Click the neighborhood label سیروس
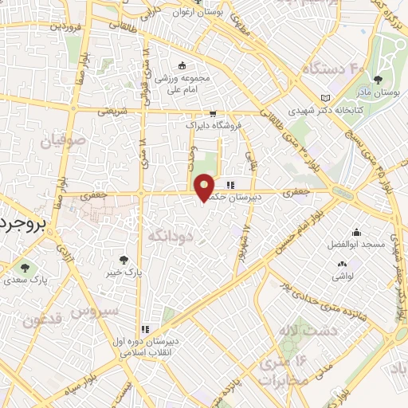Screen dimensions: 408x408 point(94,310)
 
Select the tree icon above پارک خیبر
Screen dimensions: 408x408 point(123,259)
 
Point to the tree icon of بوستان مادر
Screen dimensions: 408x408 point(379,80)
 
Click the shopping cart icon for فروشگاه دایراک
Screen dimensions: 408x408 point(213,113)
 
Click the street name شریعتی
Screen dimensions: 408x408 point(112,112)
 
